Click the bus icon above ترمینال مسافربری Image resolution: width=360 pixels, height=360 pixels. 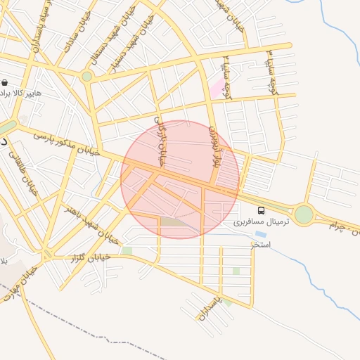[262, 210]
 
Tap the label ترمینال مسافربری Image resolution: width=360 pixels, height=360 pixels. [261, 221]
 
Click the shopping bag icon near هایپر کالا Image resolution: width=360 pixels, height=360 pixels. [6, 82]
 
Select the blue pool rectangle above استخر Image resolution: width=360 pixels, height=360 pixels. [260, 234]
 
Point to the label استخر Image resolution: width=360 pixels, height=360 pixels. [261, 244]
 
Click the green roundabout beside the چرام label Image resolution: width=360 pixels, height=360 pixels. [304, 214]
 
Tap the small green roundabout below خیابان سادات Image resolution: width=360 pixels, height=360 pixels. [86, 76]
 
